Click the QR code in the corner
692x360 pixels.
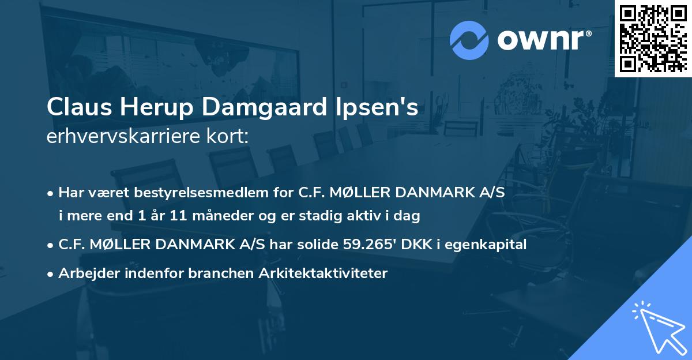(653, 38)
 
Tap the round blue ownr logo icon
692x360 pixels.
(468, 40)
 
